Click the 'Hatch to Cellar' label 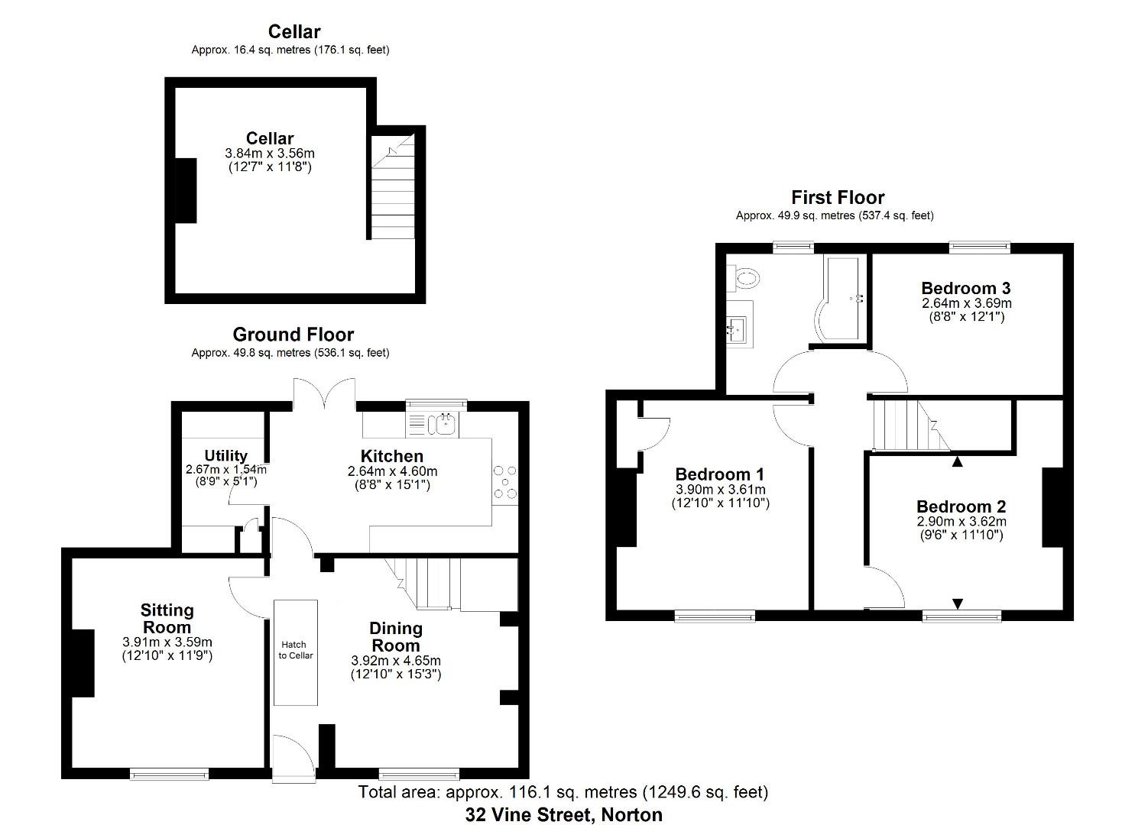tap(295, 650)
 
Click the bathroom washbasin tap(738, 324)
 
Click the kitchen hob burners tap(504, 483)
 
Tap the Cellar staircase tap(392, 186)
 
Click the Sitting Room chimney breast tap(83, 662)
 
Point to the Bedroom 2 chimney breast tap(1052, 506)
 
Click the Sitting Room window tap(169, 774)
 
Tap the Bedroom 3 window tap(979, 247)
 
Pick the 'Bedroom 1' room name tap(719, 474)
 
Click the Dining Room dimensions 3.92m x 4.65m tap(395, 661)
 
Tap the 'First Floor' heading tap(837, 198)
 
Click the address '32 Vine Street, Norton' tap(563, 814)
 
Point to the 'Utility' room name tap(225, 456)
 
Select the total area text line tap(563, 792)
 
